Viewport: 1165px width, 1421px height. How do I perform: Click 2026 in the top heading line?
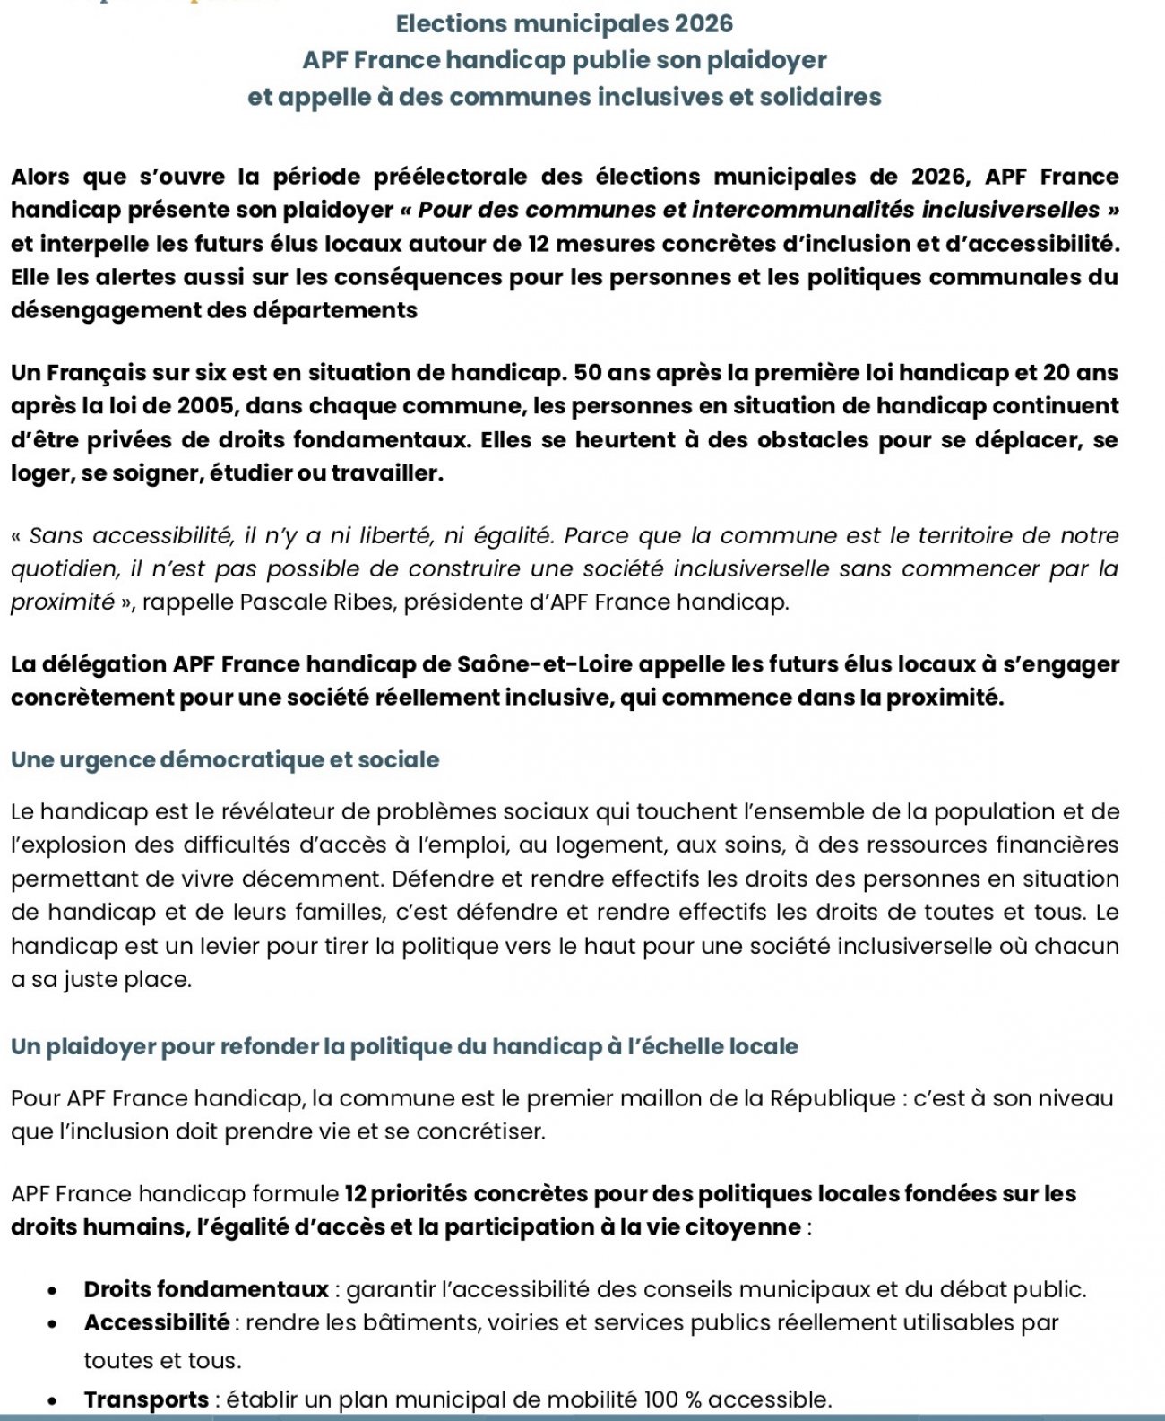click(x=704, y=24)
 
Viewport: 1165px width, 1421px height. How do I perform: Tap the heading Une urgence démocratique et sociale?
click(x=225, y=760)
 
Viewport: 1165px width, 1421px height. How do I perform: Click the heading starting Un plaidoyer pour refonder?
click(x=404, y=1046)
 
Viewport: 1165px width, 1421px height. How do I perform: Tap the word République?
click(x=829, y=1098)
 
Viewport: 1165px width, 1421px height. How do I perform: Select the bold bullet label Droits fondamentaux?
click(x=206, y=1290)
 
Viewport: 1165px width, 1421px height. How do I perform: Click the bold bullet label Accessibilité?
click(x=157, y=1322)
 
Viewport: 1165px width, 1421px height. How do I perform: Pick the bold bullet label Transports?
click(x=146, y=1399)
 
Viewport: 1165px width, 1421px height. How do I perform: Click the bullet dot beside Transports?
click(x=54, y=1401)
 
